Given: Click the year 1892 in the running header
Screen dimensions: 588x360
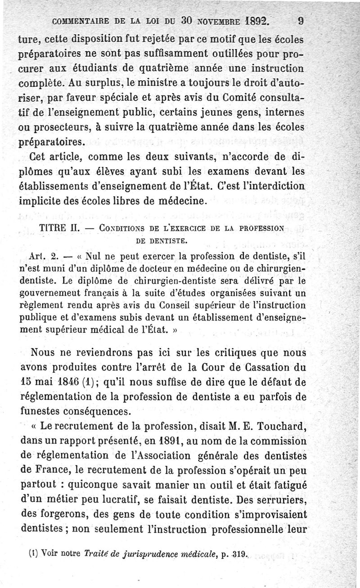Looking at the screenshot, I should [x=255, y=21].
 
